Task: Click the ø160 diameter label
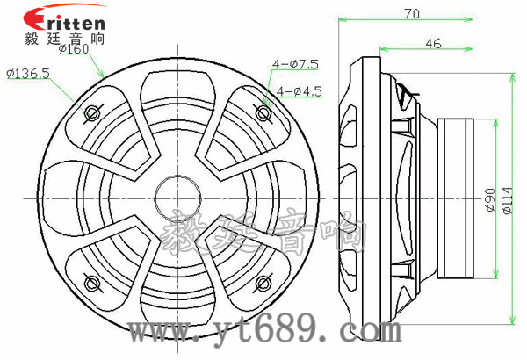pos(74,49)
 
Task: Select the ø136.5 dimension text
pos(28,73)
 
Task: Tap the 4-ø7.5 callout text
pos(295,64)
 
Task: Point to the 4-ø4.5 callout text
pos(299,91)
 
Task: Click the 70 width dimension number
pos(412,13)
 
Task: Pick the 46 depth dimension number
pos(433,43)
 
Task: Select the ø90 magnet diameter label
pos(490,199)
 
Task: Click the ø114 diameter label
pos(508,200)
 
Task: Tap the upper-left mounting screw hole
pos(91,112)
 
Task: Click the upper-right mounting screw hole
pos(263,112)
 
